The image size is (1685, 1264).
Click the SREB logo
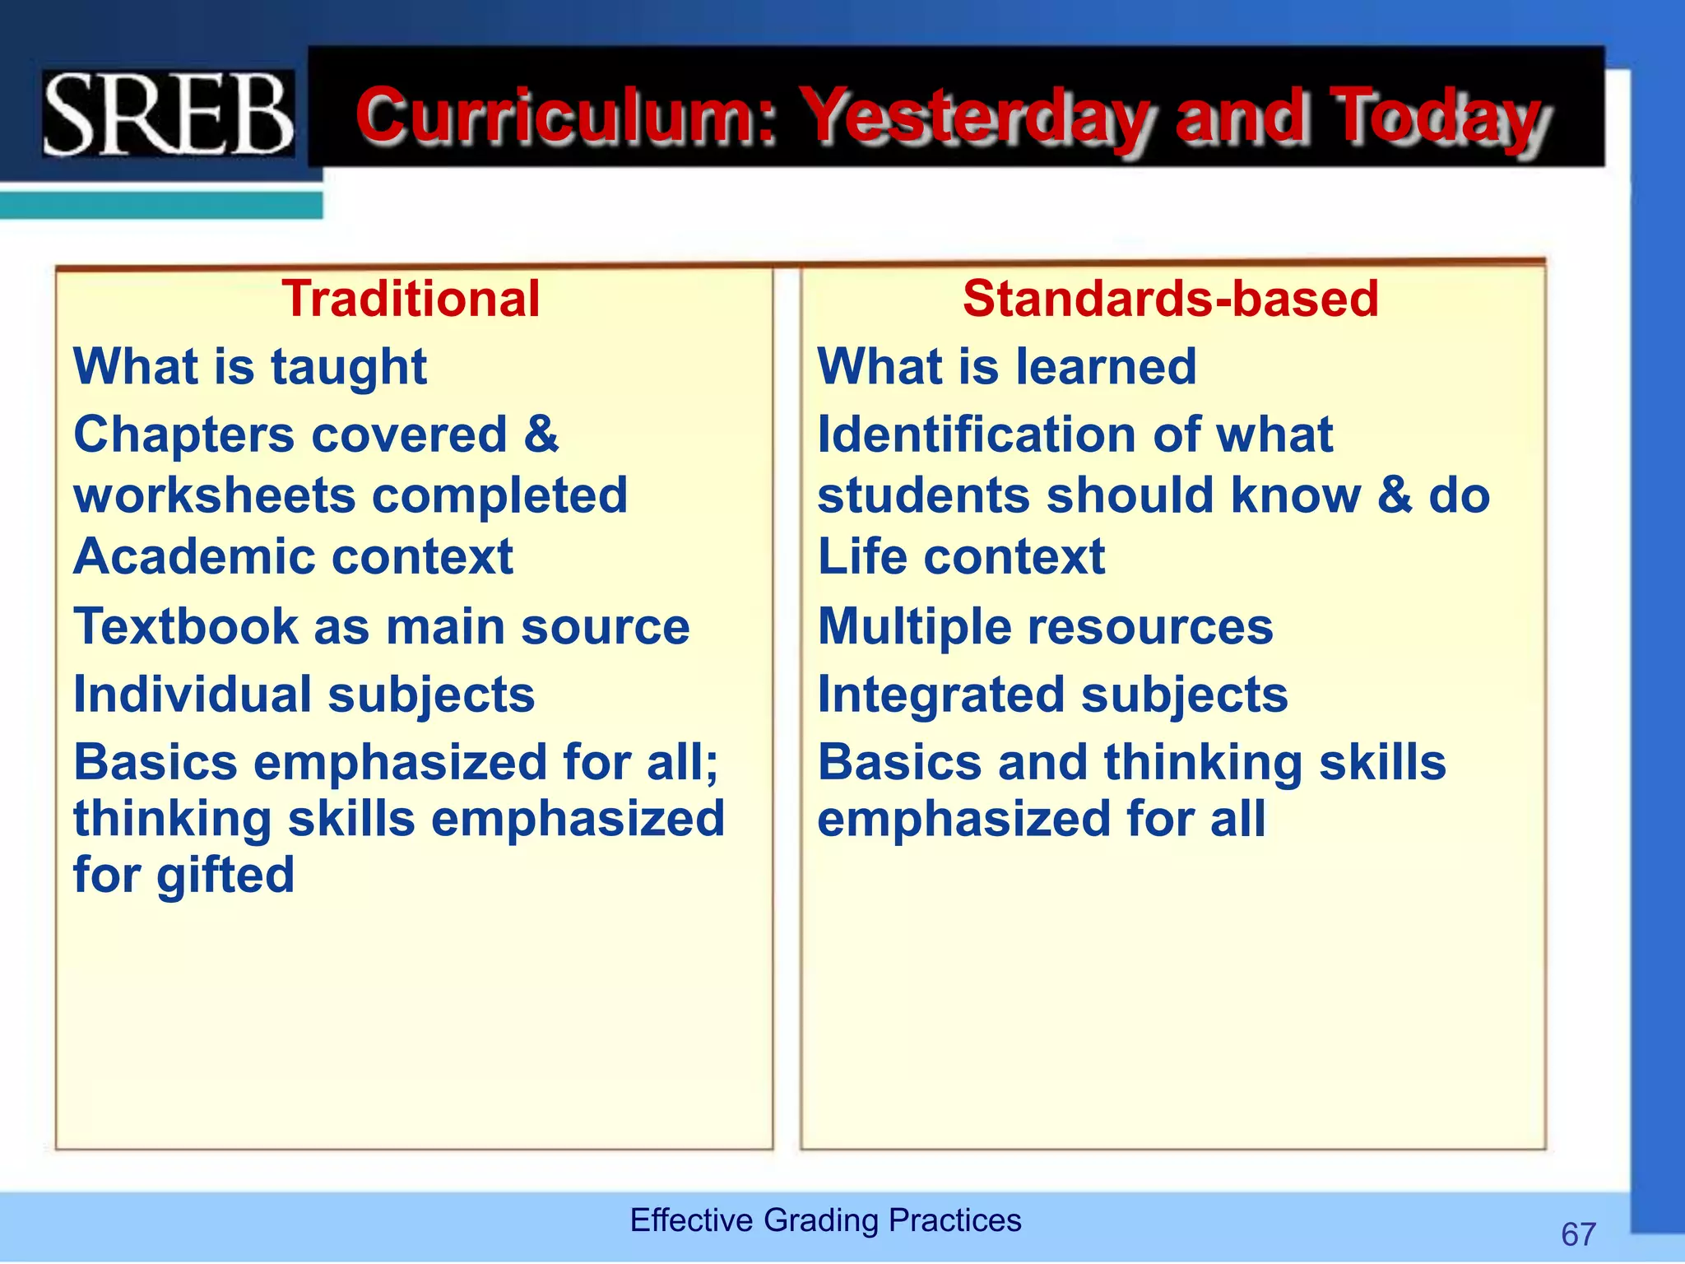point(169,114)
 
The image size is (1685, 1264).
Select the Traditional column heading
point(411,298)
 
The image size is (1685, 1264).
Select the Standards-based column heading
point(1170,298)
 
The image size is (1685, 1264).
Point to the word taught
point(349,367)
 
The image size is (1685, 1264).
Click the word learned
point(1106,366)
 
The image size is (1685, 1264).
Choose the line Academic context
point(294,557)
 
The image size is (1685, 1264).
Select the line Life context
point(961,557)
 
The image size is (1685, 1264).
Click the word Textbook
point(186,626)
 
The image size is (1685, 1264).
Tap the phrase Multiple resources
point(1045,627)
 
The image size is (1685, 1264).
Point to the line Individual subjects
point(304,695)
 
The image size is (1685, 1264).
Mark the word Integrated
point(941,695)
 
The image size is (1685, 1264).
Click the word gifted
point(225,875)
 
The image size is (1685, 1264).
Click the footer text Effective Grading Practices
point(825,1220)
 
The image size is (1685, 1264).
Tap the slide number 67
point(1578,1234)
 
